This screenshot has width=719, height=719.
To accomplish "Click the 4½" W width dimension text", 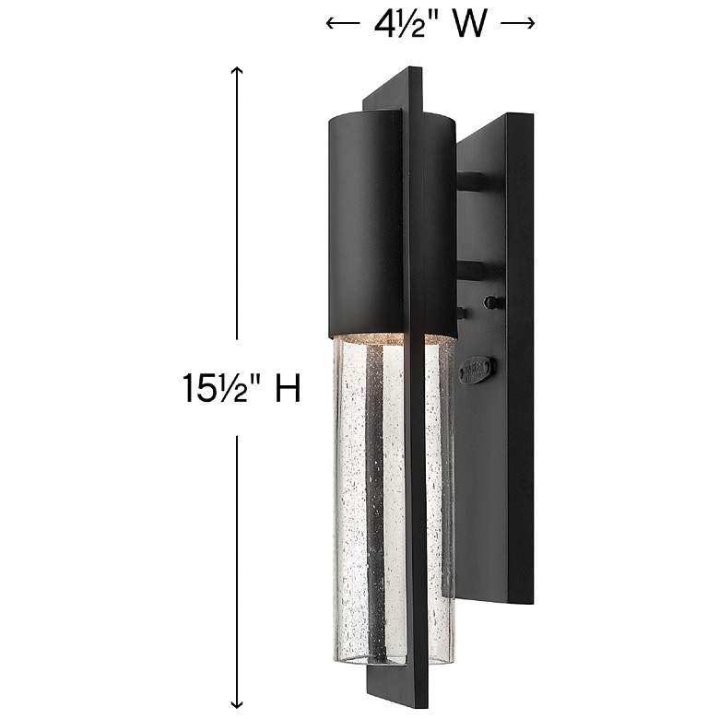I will [x=430, y=24].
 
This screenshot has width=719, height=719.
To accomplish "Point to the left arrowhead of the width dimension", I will [x=330, y=25].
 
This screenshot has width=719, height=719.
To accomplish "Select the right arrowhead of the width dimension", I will [x=530, y=25].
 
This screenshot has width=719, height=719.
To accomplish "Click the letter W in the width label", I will [x=468, y=24].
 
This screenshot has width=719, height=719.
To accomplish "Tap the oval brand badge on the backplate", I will [x=477, y=369].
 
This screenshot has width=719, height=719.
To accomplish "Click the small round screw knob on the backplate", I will [x=493, y=301].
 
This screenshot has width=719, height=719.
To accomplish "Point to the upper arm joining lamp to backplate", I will [x=472, y=181].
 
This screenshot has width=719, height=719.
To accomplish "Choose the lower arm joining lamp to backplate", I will [x=472, y=270].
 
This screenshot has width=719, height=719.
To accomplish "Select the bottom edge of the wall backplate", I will [x=493, y=601].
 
